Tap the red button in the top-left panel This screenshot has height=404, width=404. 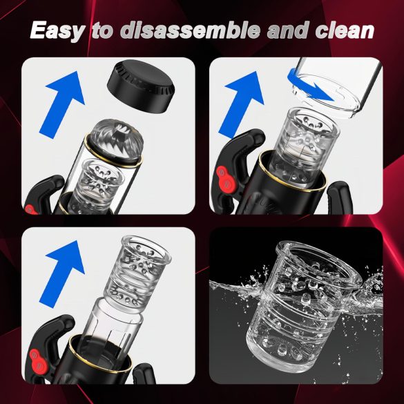29,206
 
